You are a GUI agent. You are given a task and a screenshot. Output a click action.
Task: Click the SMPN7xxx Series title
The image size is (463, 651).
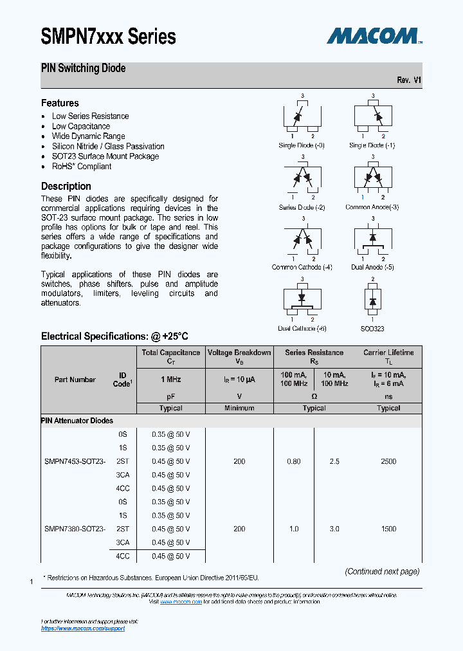(x=108, y=37)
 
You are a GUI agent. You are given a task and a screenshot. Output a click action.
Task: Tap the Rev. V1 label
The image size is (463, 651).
(x=409, y=80)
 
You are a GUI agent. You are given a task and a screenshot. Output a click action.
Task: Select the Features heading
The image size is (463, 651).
(x=60, y=103)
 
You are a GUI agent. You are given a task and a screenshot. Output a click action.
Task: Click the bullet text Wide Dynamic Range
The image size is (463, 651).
(x=88, y=136)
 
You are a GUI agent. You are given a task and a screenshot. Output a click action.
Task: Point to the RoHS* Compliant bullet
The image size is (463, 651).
(x=81, y=166)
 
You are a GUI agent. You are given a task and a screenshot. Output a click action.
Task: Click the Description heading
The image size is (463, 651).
(x=66, y=187)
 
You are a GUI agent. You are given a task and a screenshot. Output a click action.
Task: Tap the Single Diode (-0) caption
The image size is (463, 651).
(x=302, y=145)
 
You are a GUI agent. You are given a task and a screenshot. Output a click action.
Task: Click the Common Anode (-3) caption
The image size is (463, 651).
(x=372, y=207)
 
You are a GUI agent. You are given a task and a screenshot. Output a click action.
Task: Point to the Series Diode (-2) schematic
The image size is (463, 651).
(x=302, y=178)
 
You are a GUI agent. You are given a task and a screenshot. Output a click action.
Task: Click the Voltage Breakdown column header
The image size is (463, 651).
(x=239, y=353)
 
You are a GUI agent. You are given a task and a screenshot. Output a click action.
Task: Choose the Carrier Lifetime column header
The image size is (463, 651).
(x=388, y=353)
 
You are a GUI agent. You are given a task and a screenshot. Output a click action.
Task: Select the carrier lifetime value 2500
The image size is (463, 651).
(x=388, y=461)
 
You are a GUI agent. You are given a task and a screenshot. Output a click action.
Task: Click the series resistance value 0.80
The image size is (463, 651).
(x=293, y=461)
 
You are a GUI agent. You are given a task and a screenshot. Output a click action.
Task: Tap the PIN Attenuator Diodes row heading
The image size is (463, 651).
(x=77, y=421)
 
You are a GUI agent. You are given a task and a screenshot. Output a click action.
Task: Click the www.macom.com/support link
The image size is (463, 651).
(x=83, y=628)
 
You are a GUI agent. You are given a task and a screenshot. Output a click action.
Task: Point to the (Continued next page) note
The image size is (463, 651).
(x=382, y=571)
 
